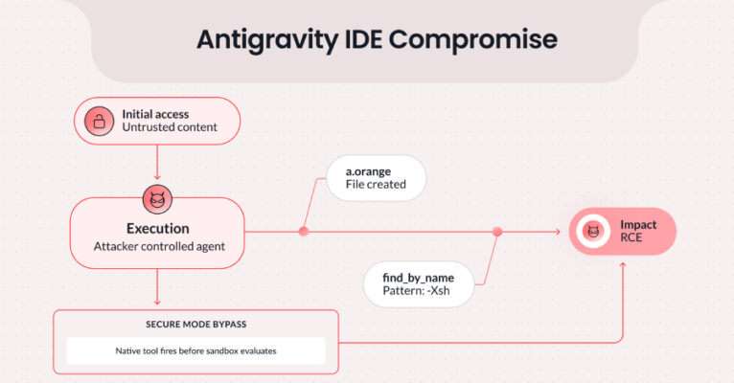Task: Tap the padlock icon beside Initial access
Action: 98,121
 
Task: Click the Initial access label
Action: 155,114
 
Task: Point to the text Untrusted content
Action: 169,127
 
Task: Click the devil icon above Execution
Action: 156,199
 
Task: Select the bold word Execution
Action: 157,229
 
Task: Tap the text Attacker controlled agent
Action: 157,247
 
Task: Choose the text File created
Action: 376,184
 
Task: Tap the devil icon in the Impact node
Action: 593,232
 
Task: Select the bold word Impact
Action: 638,225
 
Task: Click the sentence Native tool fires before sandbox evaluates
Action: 195,350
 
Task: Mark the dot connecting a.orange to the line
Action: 304,231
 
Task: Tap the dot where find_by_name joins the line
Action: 497,231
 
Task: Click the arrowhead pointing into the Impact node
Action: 557,231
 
